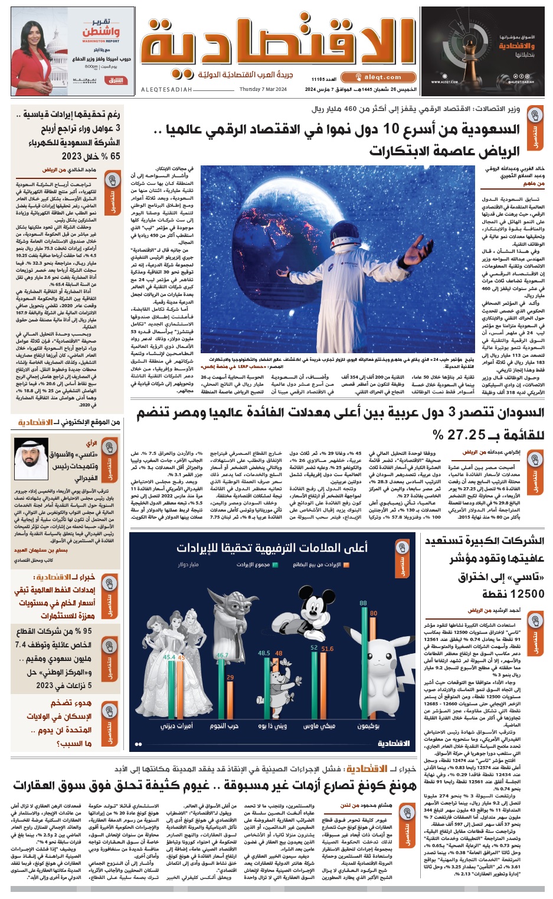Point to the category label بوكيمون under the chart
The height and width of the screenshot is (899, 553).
pos(368,726)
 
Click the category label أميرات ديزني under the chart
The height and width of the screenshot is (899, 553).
pos(176,726)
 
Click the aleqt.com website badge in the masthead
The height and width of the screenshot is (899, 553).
pos(378,77)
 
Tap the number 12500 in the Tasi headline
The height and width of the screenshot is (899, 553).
pos(513,594)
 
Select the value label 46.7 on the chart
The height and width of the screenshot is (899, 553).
pos(222,656)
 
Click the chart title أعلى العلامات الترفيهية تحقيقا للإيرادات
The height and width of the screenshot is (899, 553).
pos(272,548)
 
